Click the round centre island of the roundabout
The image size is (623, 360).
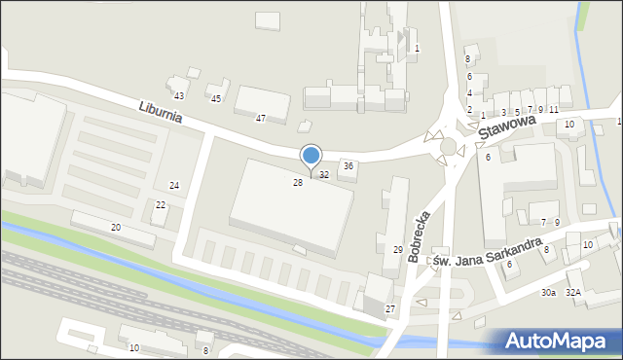click(448, 146)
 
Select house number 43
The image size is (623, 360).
click(179, 95)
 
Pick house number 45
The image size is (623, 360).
click(216, 99)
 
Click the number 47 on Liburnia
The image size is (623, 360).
click(261, 118)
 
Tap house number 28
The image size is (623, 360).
click(298, 182)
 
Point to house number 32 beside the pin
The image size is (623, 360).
click(324, 175)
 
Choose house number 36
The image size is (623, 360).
click(348, 166)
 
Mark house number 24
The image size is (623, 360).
click(174, 186)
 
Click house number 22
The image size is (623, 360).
click(161, 204)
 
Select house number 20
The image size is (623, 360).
click(116, 227)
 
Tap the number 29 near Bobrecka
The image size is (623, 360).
click(398, 250)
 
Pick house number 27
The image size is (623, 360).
click(390, 308)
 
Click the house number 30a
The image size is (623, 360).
click(549, 292)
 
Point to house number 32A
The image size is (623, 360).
click(573, 292)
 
